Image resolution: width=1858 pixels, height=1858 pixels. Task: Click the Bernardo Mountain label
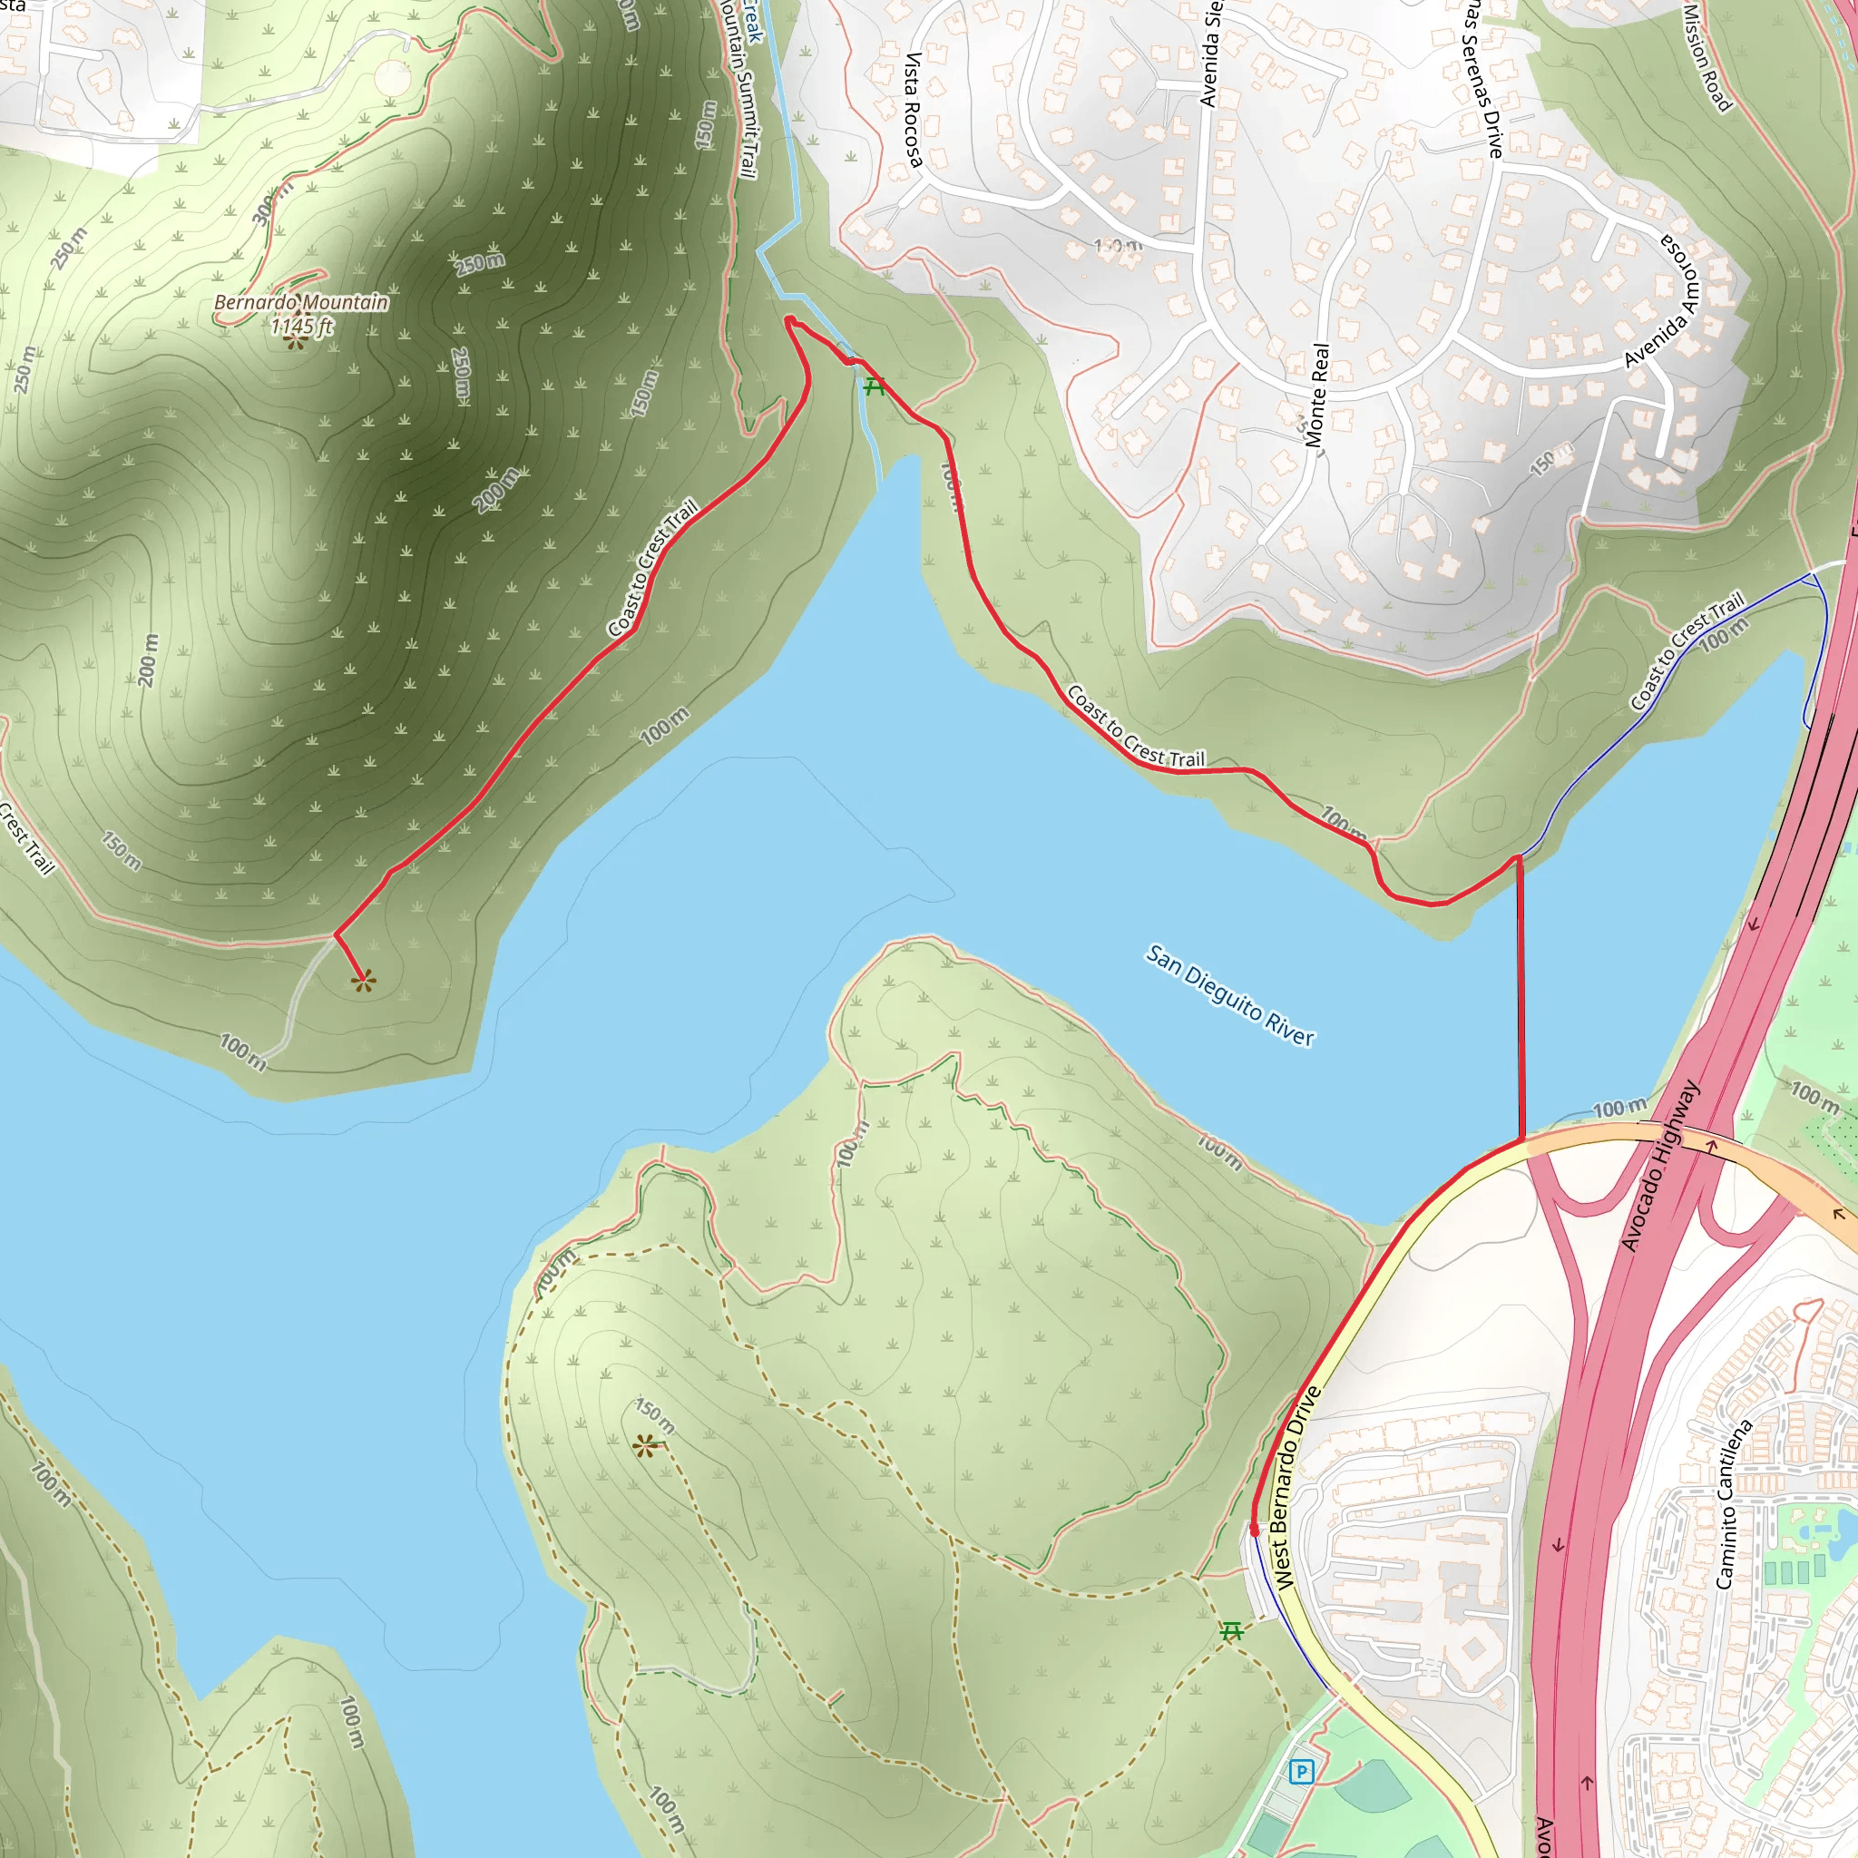[301, 302]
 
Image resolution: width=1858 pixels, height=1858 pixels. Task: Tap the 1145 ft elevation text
[301, 326]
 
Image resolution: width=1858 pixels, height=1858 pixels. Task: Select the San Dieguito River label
[1230, 995]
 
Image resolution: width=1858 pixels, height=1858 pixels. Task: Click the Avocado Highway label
[1661, 1165]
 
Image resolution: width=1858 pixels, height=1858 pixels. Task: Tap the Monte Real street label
[1317, 396]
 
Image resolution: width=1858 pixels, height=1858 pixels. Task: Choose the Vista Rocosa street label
[913, 110]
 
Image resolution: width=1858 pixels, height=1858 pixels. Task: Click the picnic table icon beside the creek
[874, 386]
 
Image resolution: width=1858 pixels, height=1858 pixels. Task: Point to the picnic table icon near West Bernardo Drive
[1232, 1631]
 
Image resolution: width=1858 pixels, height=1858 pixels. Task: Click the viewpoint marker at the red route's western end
[364, 982]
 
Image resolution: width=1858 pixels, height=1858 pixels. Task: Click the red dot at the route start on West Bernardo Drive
[1254, 1529]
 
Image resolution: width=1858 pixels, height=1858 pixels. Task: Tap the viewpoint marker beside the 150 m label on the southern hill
[646, 1444]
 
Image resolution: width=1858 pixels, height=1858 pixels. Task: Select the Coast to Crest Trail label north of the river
[1135, 727]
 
